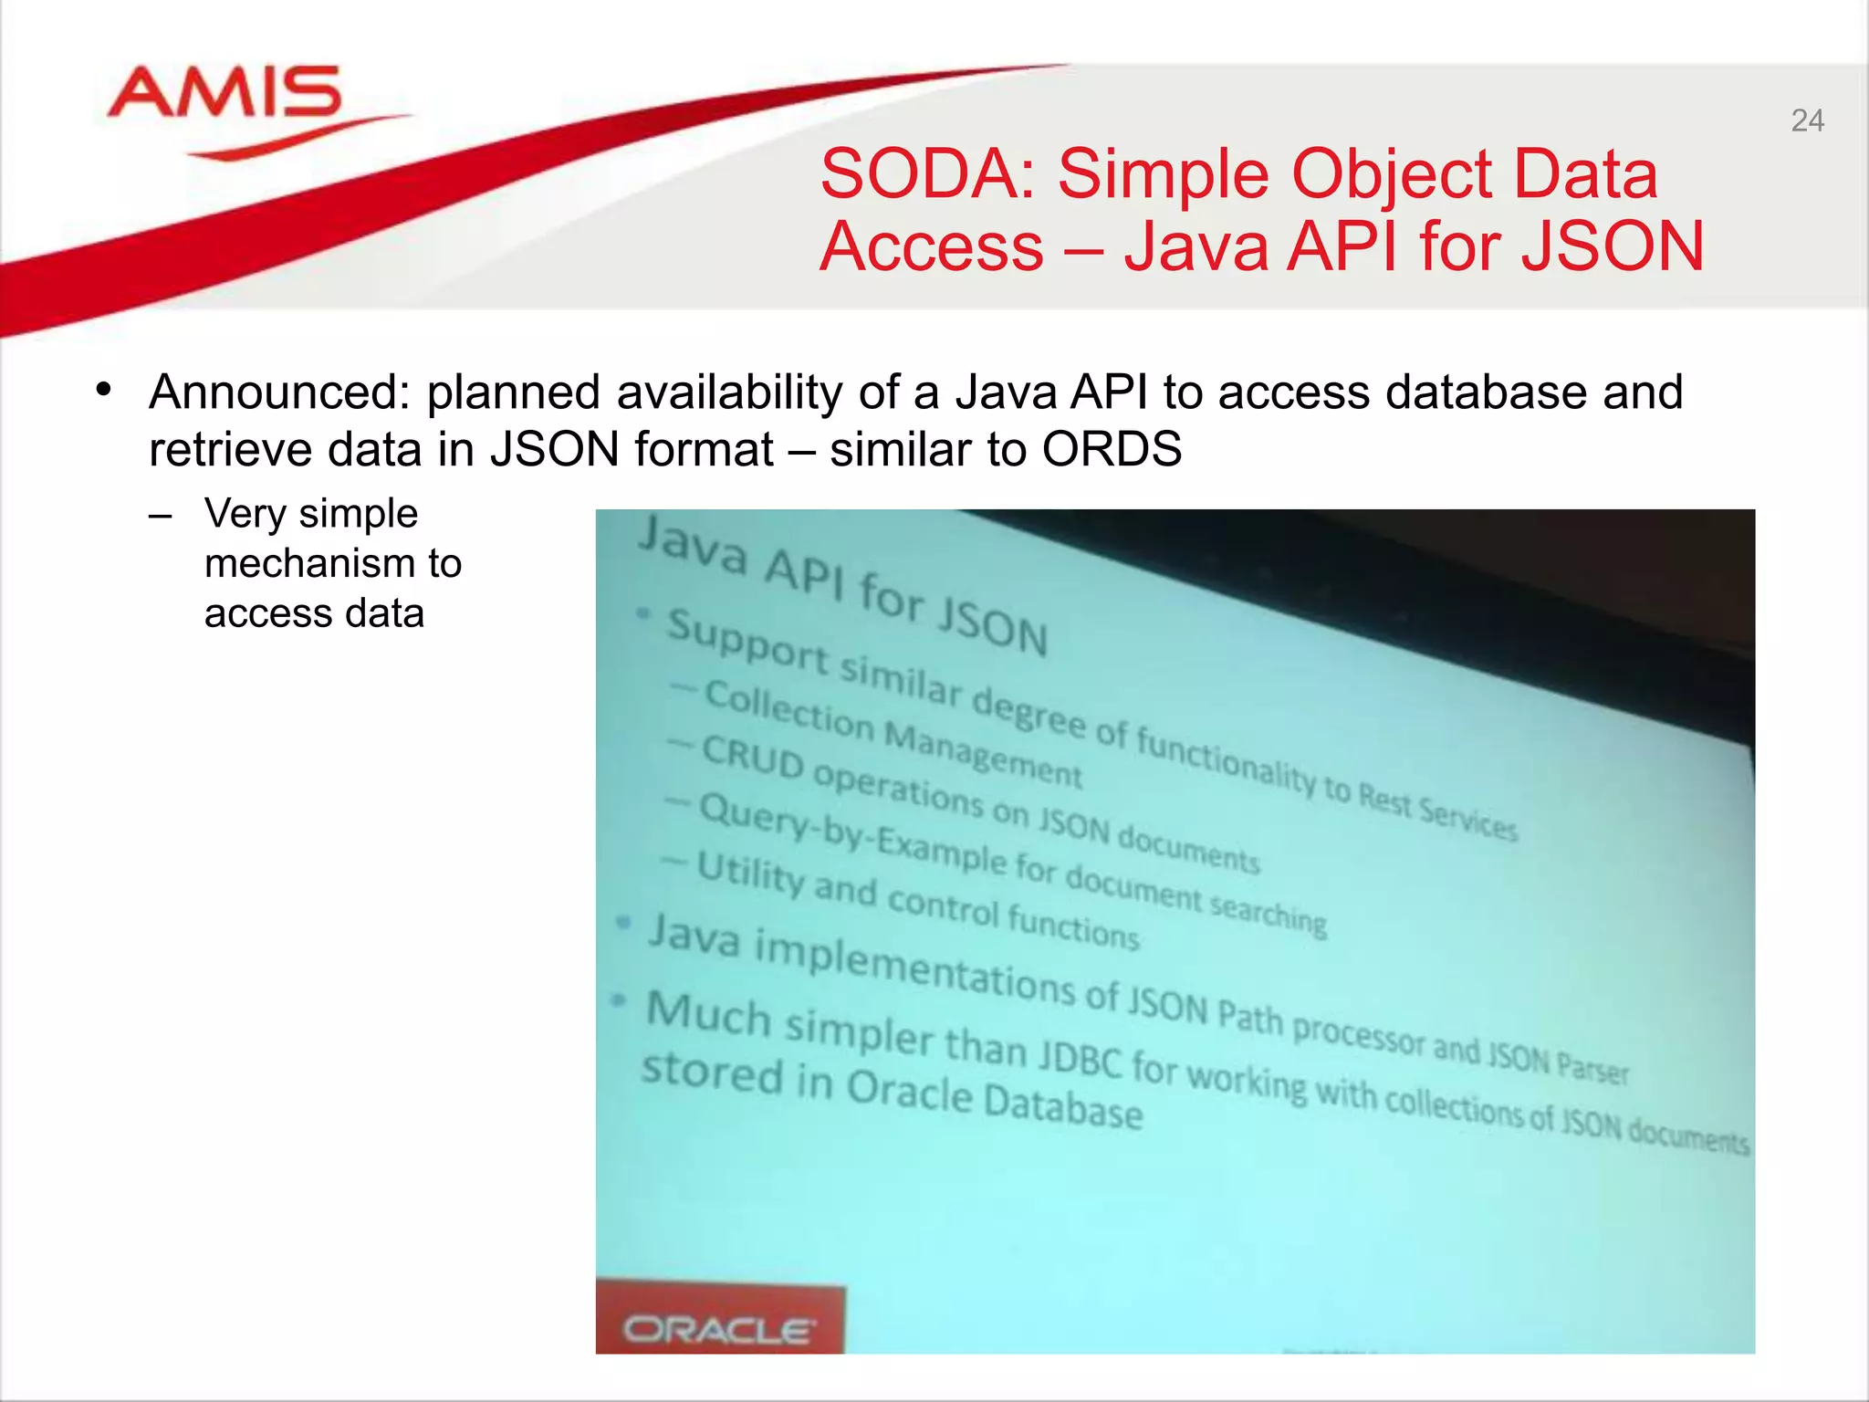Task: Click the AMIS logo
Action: coord(224,94)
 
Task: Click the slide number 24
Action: coord(1807,121)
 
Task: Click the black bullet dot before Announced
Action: coord(104,391)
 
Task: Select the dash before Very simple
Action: coord(161,515)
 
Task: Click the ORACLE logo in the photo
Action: coord(717,1330)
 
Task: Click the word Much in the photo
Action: coord(709,1013)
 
